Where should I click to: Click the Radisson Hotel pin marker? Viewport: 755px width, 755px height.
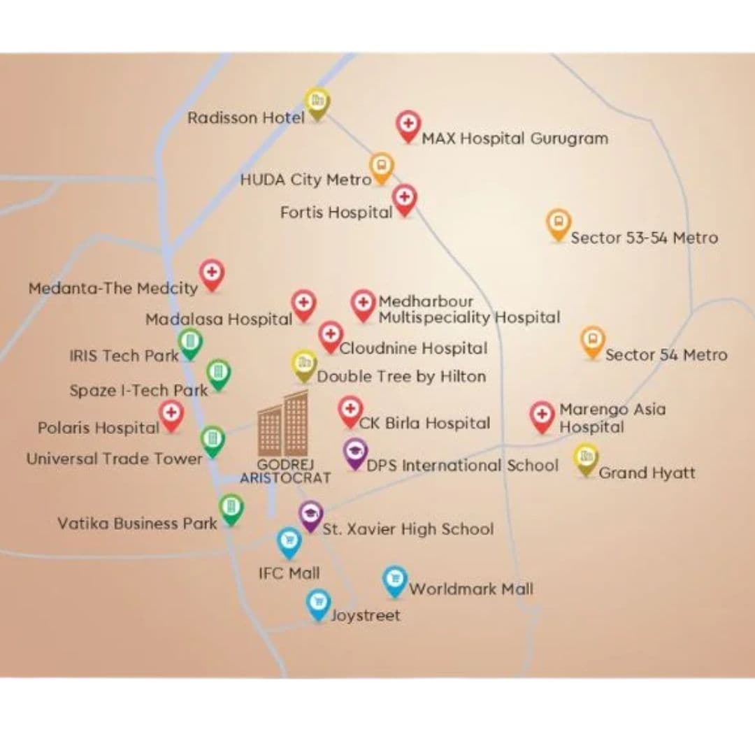(x=317, y=102)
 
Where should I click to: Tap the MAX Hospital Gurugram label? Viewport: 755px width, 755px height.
(x=515, y=138)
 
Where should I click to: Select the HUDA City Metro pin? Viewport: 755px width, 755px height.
(x=381, y=166)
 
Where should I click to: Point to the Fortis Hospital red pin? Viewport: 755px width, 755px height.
(x=404, y=198)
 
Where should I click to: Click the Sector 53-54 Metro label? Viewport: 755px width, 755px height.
(x=644, y=238)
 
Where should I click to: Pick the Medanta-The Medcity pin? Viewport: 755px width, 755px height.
(x=211, y=273)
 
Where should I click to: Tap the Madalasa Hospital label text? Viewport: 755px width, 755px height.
(x=218, y=319)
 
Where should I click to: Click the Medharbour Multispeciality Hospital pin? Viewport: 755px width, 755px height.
(x=363, y=304)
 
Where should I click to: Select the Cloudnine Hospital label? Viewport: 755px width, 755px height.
(x=413, y=347)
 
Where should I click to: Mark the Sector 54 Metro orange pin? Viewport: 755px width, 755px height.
(x=593, y=340)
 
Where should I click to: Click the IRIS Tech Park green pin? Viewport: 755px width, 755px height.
(x=190, y=343)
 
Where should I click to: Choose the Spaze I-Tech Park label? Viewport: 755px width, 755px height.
(x=138, y=390)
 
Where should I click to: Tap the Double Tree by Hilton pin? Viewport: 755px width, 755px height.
(x=304, y=364)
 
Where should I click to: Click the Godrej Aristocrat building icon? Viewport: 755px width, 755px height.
(x=283, y=424)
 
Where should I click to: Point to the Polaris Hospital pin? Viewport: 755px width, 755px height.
(x=171, y=414)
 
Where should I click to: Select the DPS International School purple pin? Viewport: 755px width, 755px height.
(x=356, y=452)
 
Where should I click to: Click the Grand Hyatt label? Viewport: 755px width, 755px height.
(x=647, y=473)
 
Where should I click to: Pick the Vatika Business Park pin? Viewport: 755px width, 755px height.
(x=231, y=508)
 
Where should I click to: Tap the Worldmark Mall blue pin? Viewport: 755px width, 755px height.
(x=395, y=580)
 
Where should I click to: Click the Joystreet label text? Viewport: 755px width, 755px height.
(x=366, y=616)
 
